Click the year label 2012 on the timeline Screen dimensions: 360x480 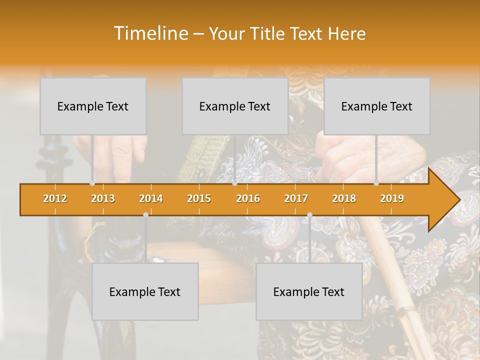point(55,198)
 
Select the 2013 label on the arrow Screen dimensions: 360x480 point(103,198)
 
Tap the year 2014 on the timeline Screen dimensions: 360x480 point(151,198)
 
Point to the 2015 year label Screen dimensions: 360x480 point(199,198)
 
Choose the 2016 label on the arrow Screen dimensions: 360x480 point(248,198)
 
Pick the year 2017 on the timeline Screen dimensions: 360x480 point(296,198)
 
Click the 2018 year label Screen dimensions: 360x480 point(344,198)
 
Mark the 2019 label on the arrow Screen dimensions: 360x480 point(392,198)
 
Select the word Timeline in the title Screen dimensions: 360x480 point(150,33)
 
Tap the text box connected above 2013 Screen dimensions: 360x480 point(93,106)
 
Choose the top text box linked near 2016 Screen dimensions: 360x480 point(235,106)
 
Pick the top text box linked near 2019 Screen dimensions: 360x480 point(377,106)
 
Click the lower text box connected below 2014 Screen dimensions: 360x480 point(145,291)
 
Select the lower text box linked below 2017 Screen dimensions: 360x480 point(309,291)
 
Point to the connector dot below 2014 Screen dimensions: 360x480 point(145,214)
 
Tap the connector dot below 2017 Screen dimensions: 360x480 point(309,214)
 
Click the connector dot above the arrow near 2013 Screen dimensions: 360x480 point(92,183)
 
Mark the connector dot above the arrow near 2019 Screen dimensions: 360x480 point(376,183)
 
